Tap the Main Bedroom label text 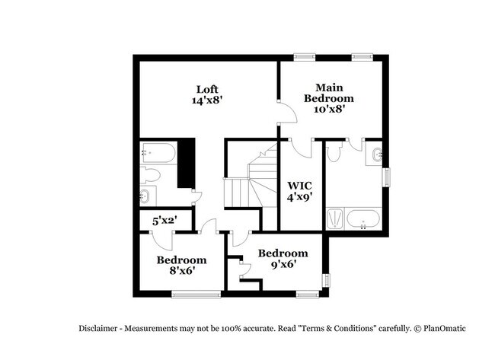(x=329, y=98)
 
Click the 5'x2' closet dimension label (x=164, y=221)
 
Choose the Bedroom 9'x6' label (x=283, y=259)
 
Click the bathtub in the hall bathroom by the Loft (x=161, y=154)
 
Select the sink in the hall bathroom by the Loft (x=146, y=197)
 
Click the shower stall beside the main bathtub (x=335, y=219)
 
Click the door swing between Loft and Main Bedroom (x=285, y=113)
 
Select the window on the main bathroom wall (x=385, y=176)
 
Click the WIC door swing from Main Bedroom (x=302, y=147)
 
